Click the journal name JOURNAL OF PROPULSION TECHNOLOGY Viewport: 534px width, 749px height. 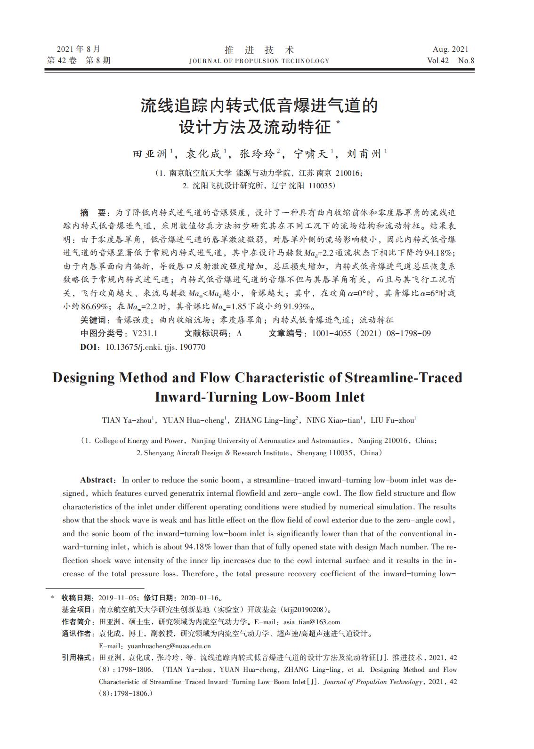pos(259,61)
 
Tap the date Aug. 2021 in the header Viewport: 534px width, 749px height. pos(451,49)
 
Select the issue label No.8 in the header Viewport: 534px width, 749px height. pos(466,61)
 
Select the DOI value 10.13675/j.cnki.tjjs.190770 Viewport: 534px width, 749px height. pos(156,347)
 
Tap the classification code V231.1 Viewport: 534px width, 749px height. pos(145,333)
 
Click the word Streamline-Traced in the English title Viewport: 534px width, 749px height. pos(404,378)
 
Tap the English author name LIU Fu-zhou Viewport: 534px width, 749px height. pos(392,420)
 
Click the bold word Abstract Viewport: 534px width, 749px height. pos(97,480)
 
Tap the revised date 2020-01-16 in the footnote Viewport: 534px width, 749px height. pos(201,598)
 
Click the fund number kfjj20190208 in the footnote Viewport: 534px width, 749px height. pos(303,610)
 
